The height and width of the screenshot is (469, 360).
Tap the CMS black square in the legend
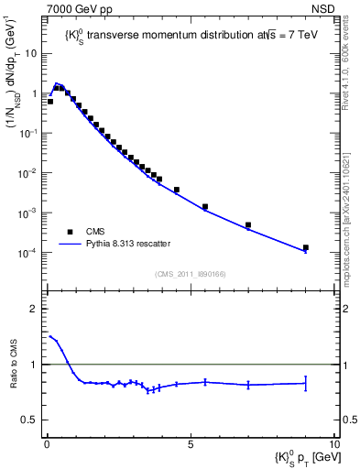point(70,232)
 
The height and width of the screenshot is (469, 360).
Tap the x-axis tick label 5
point(189,442)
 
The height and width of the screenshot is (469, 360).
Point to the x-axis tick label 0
point(46,442)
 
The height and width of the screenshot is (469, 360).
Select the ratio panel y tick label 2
point(34,309)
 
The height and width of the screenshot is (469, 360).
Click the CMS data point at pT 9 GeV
point(305,247)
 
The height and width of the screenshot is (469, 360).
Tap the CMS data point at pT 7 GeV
point(247,224)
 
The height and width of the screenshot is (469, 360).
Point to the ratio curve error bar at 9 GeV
point(305,383)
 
